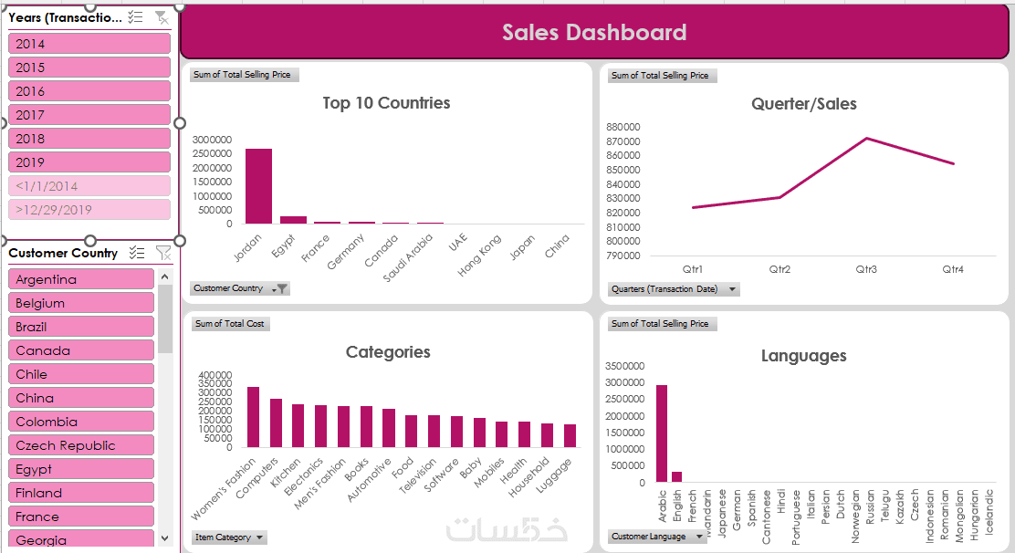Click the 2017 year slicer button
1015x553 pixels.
[x=89, y=115]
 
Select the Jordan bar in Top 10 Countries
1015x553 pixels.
[x=258, y=186]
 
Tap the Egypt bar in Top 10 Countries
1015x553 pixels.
[x=293, y=220]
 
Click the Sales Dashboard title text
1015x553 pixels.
[x=594, y=33]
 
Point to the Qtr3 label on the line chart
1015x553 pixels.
[x=866, y=269]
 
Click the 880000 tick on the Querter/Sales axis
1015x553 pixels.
[x=623, y=128]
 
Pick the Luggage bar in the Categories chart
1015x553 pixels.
[x=570, y=435]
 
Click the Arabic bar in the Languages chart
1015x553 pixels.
[x=662, y=433]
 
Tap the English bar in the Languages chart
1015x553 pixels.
[x=676, y=476]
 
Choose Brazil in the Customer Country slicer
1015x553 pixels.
[x=81, y=327]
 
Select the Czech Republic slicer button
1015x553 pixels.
[x=81, y=445]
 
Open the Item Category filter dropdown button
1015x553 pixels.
[x=260, y=537]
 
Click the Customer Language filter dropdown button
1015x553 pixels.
[x=706, y=537]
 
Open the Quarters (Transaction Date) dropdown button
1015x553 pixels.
[x=732, y=289]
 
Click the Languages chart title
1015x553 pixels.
[x=803, y=356]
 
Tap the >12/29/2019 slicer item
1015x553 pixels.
[x=89, y=210]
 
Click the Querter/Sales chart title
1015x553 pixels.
[x=803, y=104]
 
